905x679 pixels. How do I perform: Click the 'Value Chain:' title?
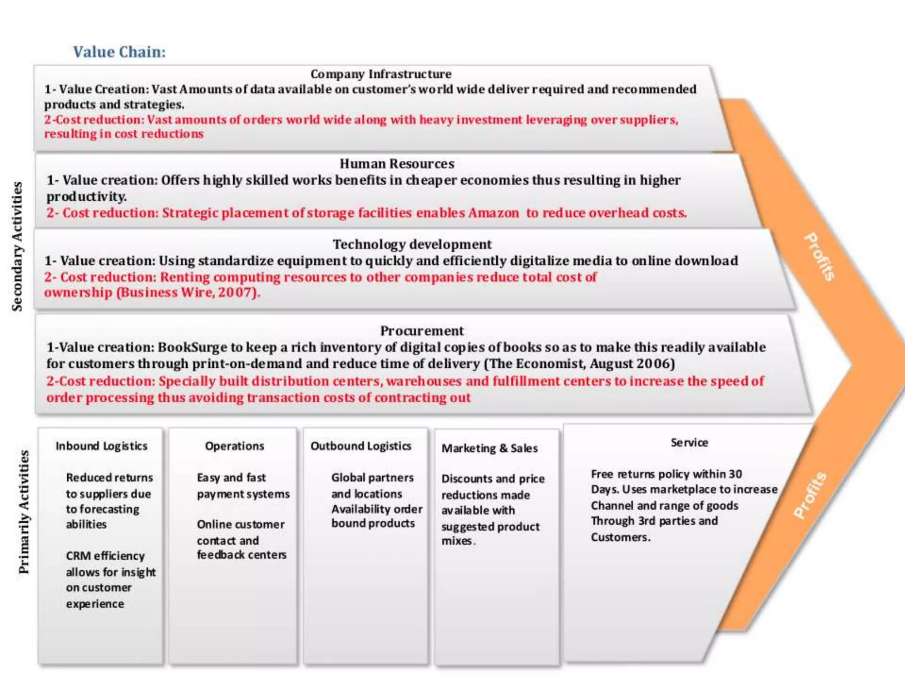119,52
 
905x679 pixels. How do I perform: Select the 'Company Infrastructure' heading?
381,74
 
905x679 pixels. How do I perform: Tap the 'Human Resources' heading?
397,164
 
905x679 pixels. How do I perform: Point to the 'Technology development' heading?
412,244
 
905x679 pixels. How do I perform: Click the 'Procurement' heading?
422,331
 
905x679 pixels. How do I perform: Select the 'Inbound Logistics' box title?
102,446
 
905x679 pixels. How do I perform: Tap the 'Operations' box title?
235,446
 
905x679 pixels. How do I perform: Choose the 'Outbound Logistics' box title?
361,446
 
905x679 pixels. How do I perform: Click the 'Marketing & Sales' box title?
490,448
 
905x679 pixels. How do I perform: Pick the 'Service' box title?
689,442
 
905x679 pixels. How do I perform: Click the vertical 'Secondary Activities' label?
17,246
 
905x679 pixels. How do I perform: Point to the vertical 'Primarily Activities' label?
24,512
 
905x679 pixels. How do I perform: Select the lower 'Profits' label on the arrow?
810,495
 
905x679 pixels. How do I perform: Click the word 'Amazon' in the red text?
494,213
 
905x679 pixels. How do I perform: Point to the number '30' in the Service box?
735,474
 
